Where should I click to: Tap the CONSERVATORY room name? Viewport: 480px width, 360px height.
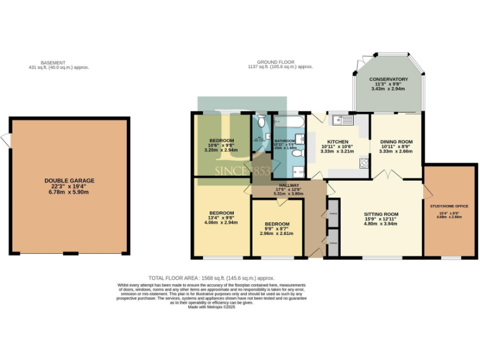tap(388, 79)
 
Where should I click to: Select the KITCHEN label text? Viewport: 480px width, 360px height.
tap(337, 142)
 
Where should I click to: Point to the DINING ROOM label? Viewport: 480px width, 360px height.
tap(396, 142)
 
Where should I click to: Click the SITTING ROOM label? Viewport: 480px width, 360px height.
tap(381, 214)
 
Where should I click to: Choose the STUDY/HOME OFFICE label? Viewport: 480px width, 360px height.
tap(449, 206)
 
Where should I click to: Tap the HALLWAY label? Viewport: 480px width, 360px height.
tap(288, 186)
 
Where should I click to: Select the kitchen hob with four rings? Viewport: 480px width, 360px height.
tap(363, 163)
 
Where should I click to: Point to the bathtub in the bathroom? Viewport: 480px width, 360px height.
tap(289, 120)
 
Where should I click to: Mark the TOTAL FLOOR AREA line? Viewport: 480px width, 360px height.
tap(211, 278)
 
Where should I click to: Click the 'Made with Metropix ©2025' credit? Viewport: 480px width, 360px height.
tap(211, 307)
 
